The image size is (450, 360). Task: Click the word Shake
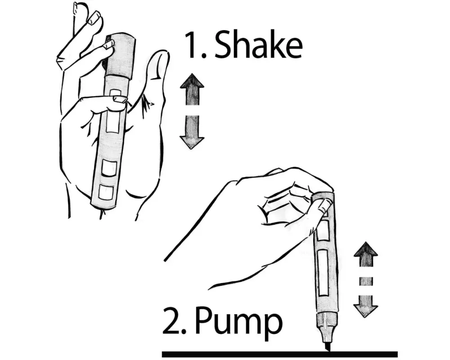click(x=258, y=45)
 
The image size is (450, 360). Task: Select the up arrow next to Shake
click(x=192, y=90)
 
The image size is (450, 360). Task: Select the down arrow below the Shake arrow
click(x=192, y=132)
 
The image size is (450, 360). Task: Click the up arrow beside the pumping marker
click(x=365, y=256)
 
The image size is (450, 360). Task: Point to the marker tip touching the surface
click(x=328, y=347)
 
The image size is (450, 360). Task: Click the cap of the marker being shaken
click(x=120, y=56)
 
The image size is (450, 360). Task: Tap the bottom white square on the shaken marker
click(x=106, y=192)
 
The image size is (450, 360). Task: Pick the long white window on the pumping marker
click(x=323, y=272)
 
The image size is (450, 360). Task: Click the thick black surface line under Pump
click(x=280, y=354)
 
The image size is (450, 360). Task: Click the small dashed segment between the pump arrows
click(x=365, y=281)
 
